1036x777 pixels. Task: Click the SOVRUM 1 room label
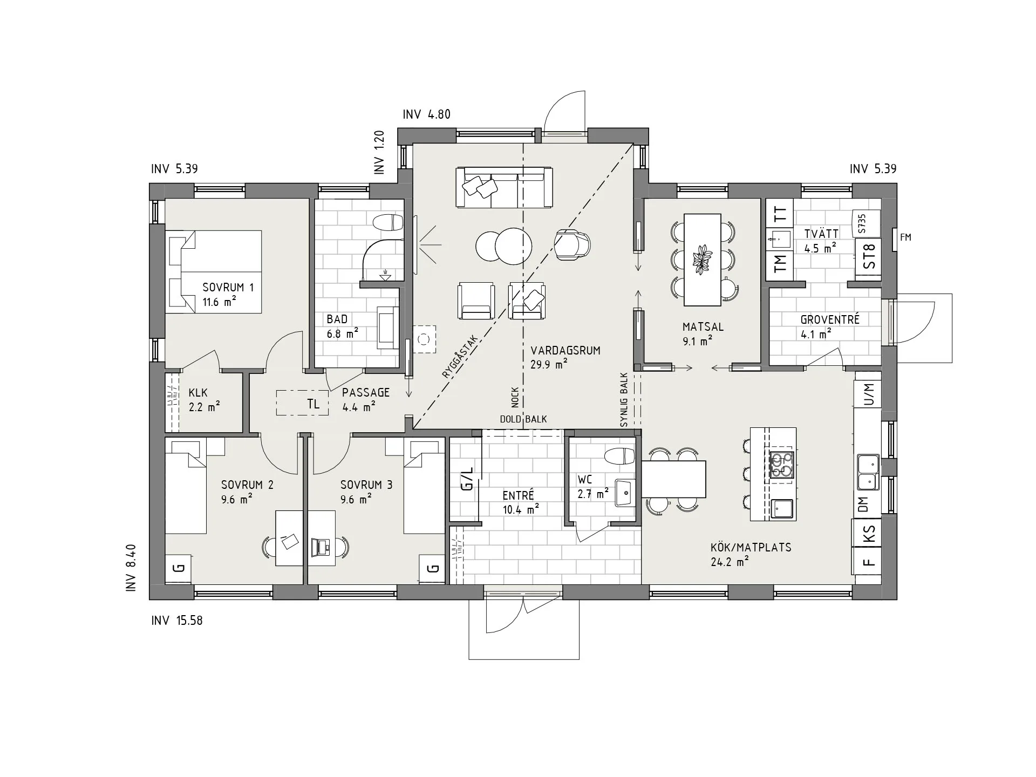coord(228,288)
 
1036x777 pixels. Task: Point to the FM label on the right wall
coord(905,237)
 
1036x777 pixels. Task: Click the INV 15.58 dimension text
coord(177,621)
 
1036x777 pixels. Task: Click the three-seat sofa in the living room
coord(505,187)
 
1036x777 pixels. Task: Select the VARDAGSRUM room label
coord(565,350)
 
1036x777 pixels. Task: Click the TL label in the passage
coord(313,404)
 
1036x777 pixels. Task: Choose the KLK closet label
coord(198,393)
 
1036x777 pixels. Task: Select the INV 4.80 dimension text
coord(426,114)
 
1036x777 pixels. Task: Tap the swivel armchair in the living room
coord(572,244)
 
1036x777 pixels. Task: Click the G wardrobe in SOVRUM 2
coord(179,568)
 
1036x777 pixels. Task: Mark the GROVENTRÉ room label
coord(830,319)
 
